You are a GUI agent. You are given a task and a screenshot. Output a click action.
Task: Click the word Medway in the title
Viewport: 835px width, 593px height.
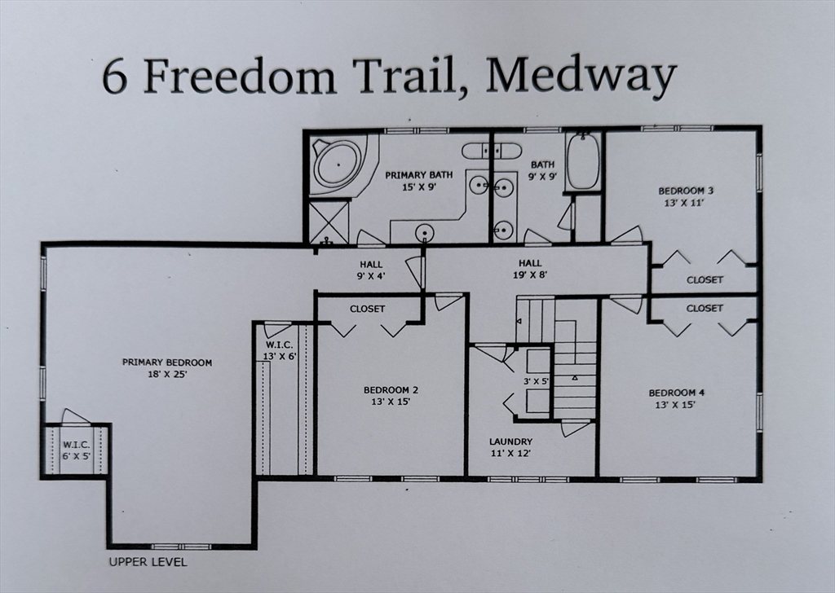(585, 76)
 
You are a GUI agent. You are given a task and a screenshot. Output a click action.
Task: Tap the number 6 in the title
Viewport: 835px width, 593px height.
(115, 77)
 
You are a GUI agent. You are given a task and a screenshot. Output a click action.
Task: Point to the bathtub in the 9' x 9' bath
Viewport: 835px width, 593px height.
(582, 161)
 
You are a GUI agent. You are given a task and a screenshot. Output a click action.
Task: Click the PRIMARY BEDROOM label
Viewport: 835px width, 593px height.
(167, 362)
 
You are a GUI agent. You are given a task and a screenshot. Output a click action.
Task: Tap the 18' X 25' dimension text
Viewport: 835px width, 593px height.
(167, 375)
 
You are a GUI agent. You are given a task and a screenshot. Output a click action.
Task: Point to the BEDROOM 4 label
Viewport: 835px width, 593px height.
(678, 393)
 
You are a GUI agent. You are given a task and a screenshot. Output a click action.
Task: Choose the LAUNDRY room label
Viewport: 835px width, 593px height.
(511, 441)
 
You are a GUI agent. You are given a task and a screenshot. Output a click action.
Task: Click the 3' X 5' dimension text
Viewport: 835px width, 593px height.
(537, 380)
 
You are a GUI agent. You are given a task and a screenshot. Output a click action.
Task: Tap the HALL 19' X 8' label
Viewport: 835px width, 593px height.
(530, 269)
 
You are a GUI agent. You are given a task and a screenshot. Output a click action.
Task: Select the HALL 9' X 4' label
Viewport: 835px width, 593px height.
(371, 270)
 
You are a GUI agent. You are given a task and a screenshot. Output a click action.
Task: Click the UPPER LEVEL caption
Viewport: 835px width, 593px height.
(148, 562)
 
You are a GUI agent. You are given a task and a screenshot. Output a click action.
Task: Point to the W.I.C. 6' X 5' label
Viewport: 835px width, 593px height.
(76, 450)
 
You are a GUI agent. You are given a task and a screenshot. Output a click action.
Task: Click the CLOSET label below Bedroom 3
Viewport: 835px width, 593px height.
(705, 279)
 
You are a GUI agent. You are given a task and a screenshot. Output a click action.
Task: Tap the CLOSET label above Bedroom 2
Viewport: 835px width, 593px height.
(367, 309)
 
